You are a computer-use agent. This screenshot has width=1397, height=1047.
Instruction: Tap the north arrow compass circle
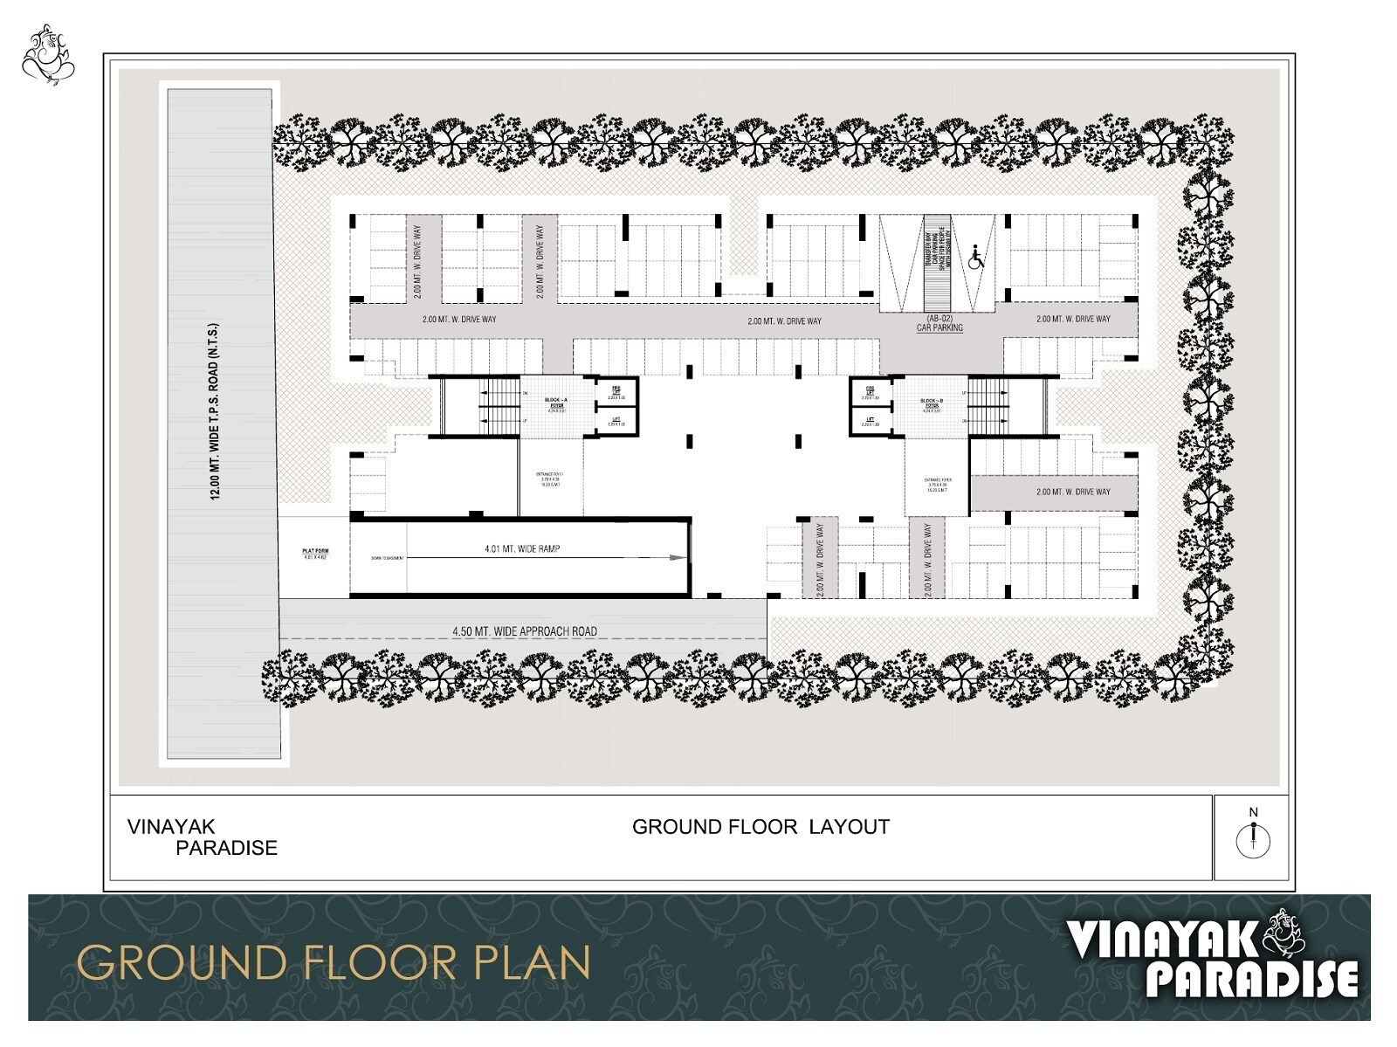point(1253,842)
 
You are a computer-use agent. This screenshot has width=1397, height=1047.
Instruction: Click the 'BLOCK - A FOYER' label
point(555,403)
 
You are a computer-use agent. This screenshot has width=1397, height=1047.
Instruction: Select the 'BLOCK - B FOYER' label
point(932,403)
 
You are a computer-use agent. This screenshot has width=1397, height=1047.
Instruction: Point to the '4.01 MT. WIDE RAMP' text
point(522,549)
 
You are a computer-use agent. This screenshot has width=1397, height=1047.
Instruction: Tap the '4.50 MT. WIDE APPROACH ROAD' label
point(524,631)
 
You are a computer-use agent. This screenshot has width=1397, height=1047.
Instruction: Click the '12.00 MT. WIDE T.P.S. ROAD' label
point(215,411)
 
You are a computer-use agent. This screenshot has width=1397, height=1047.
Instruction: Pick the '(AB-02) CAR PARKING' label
point(939,323)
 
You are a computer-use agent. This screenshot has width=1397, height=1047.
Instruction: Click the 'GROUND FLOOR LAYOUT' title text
point(760,827)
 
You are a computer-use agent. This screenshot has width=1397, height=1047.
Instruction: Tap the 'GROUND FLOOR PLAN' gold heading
point(334,962)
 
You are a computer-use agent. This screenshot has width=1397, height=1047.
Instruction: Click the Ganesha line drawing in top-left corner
point(48,56)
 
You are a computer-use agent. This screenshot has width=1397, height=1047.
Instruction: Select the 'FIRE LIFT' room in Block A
point(616,391)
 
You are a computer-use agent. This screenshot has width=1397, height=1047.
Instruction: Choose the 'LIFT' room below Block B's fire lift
point(871,422)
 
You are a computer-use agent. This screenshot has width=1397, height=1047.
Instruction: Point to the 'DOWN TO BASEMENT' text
point(387,558)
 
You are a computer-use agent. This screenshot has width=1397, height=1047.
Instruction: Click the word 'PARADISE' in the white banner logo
point(1251,979)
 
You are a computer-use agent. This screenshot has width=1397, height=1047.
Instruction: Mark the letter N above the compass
point(1254,812)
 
